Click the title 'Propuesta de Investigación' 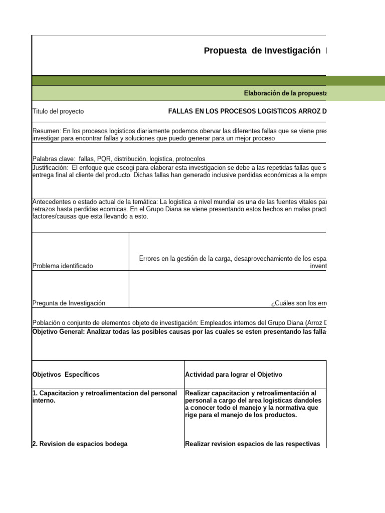coord(262,51)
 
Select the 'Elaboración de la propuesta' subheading coord(285,93)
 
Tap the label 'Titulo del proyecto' coord(58,111)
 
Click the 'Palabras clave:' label coord(54,159)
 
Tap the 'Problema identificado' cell coord(63,266)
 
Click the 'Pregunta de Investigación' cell coord(69,303)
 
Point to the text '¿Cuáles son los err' coord(299,303)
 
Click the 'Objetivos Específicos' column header coord(66,374)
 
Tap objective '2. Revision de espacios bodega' coord(80,444)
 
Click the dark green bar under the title coord(201,81)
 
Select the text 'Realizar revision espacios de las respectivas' coord(253,444)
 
